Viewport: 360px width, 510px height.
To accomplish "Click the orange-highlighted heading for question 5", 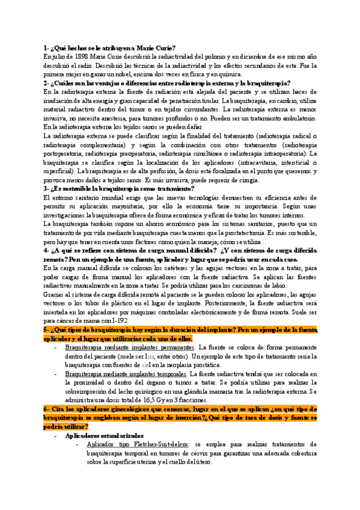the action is coord(180,334).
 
